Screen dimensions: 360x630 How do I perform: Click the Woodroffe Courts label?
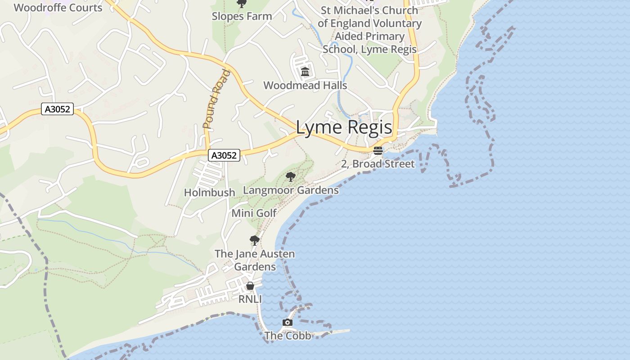click(58, 7)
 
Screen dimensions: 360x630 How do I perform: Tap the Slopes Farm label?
click(242, 16)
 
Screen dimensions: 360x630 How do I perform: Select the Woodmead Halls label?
click(305, 85)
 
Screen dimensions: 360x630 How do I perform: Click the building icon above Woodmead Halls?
click(306, 72)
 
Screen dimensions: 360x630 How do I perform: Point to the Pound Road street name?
click(216, 99)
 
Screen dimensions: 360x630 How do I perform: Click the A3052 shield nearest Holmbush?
click(224, 155)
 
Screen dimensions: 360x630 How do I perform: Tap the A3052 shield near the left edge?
click(57, 109)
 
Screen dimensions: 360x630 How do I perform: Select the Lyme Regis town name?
click(344, 128)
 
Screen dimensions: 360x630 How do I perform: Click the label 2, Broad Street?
click(378, 164)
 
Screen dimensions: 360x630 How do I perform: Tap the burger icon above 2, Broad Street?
click(378, 150)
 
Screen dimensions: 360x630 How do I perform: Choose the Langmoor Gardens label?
click(291, 190)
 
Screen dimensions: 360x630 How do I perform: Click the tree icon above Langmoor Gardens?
click(291, 176)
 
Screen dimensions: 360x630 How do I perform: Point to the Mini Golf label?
click(254, 213)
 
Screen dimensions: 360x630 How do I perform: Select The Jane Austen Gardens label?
click(255, 260)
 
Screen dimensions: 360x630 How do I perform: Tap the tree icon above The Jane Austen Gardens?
click(255, 240)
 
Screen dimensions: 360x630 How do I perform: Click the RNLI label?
click(250, 299)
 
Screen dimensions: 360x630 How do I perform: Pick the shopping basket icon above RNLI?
click(250, 286)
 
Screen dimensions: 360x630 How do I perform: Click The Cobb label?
click(288, 336)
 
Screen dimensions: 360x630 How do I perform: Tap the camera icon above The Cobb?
click(288, 322)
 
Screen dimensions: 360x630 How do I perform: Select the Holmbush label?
click(210, 193)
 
